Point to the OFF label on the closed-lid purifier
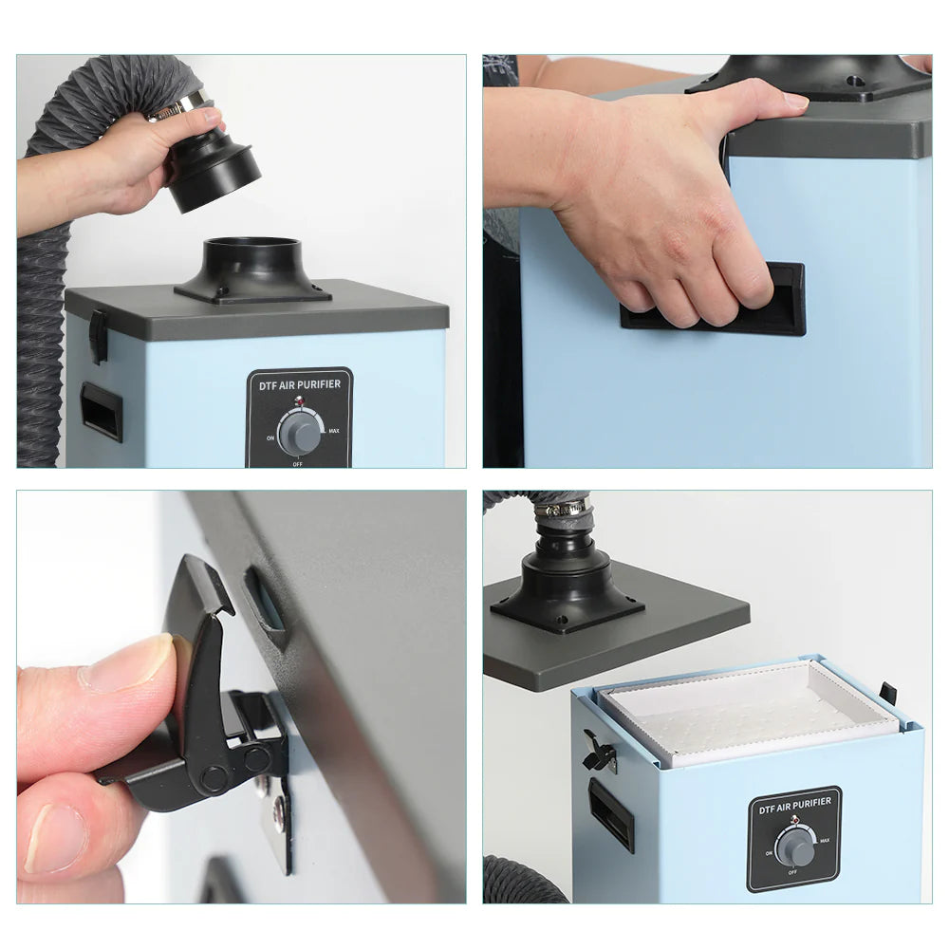(x=298, y=464)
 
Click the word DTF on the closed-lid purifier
(x=268, y=384)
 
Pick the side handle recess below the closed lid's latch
(x=102, y=411)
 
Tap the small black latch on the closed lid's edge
(x=98, y=336)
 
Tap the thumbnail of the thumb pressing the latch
(x=129, y=661)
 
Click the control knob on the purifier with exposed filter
(x=795, y=847)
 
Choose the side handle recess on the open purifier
(x=611, y=813)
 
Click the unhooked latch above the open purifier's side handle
(x=601, y=754)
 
